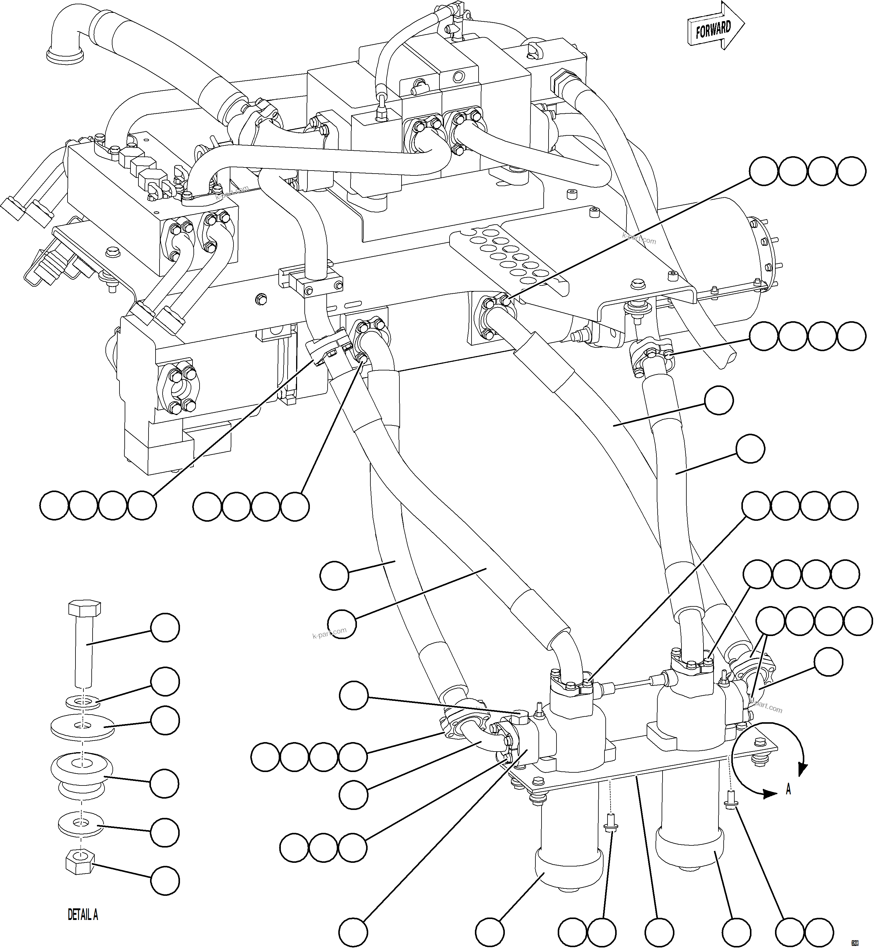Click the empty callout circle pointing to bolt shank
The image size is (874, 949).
(x=165, y=628)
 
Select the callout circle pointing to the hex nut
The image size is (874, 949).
(x=165, y=881)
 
